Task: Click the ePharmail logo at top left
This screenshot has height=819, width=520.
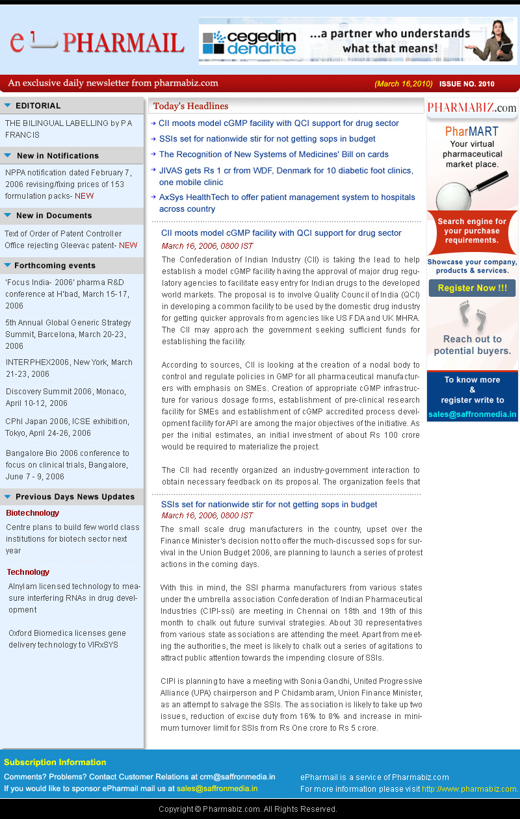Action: point(97,42)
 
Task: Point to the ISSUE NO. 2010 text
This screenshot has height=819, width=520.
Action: point(467,84)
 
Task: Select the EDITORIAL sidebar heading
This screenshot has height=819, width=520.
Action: point(38,106)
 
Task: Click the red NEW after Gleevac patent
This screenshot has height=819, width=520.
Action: point(128,246)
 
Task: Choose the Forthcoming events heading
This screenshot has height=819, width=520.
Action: point(55,266)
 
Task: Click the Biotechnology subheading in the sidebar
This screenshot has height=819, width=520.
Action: point(32,513)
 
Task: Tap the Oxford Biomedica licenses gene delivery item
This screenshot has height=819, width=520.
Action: point(67,639)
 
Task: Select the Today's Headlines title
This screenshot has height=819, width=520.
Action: point(190,107)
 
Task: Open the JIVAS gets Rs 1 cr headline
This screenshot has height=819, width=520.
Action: point(286,176)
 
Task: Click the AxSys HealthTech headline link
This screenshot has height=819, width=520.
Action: point(287,203)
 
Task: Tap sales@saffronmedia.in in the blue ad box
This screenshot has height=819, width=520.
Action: point(472,414)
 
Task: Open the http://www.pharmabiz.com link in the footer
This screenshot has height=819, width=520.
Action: point(470,789)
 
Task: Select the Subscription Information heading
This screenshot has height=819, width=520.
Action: point(55,762)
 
